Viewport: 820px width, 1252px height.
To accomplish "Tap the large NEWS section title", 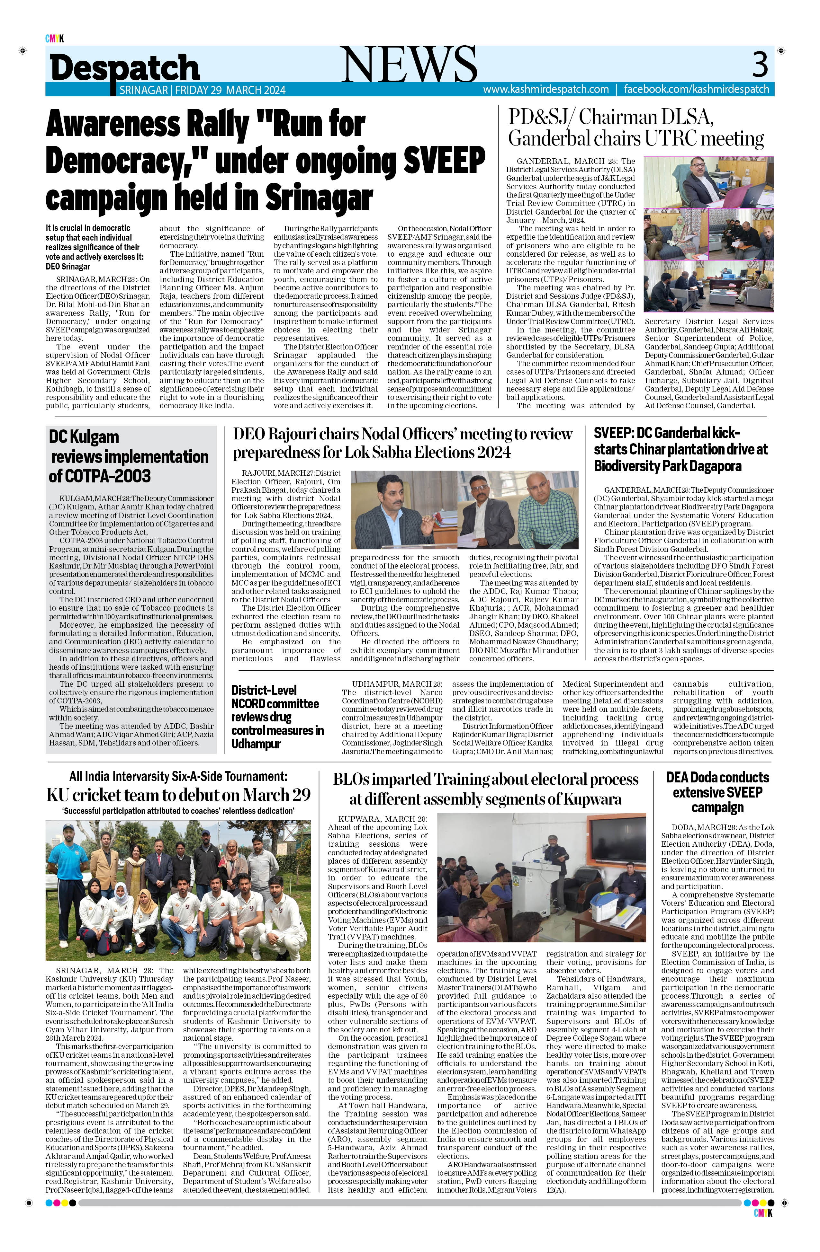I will click(x=410, y=64).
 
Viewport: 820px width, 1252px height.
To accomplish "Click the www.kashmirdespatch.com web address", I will click(x=546, y=89).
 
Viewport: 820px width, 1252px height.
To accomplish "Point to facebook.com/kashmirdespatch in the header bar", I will click(x=696, y=89).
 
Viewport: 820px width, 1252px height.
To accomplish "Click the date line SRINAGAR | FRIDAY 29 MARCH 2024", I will click(x=203, y=90).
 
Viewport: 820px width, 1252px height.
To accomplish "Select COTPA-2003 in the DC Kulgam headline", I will click(x=100, y=476).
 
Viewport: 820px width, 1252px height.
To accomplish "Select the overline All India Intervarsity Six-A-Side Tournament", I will click(x=178, y=776).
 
